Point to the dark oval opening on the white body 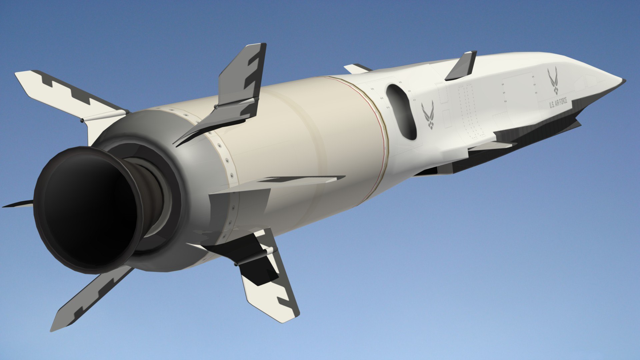coord(401,112)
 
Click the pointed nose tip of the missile coord(623,80)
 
